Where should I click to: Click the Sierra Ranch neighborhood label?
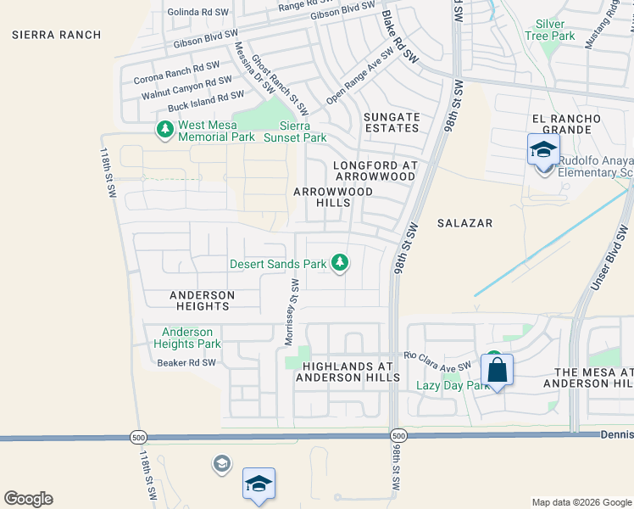(x=57, y=35)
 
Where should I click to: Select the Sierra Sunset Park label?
(x=294, y=131)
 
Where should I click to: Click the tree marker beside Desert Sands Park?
(x=340, y=263)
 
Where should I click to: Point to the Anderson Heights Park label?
(x=186, y=338)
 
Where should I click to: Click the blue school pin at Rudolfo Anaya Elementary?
(x=543, y=151)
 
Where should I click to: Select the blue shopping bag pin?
(x=497, y=370)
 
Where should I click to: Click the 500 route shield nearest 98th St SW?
(x=398, y=435)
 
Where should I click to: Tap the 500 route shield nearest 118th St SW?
(x=137, y=436)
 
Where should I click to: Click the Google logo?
(x=28, y=499)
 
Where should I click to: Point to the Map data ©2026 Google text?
(x=581, y=502)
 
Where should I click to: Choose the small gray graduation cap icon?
(x=221, y=463)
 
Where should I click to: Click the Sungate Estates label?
(x=392, y=122)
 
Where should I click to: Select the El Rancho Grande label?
(x=566, y=124)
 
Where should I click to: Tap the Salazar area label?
(x=464, y=222)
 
